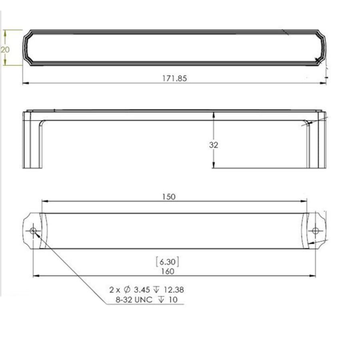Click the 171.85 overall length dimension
174,78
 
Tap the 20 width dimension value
5,50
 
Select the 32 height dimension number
214,145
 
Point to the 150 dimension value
169,196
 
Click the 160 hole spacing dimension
168,271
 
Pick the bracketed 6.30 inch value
167,262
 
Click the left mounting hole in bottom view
33,230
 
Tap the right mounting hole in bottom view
316,230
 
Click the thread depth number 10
173,300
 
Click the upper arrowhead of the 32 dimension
214,114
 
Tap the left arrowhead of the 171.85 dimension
25,83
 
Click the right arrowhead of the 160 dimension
313,276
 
